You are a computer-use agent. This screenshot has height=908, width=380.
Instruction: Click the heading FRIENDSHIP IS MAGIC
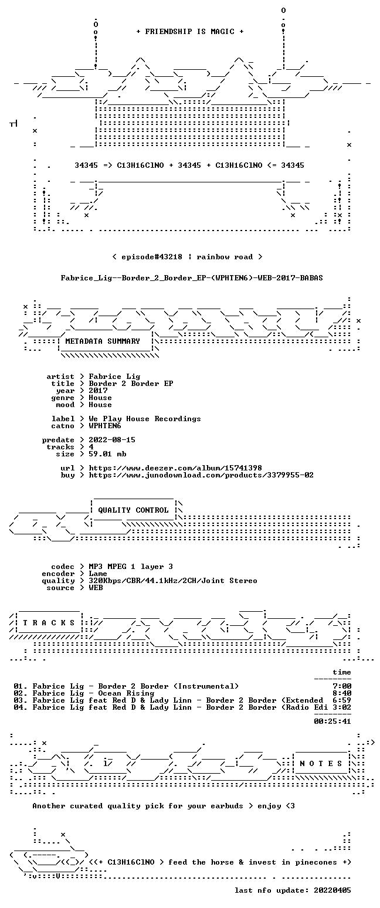[190, 32]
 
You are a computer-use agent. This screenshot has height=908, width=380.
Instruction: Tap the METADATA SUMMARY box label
[103, 341]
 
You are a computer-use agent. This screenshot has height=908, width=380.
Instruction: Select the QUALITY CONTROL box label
[133, 510]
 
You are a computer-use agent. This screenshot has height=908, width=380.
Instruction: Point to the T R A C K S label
[49, 622]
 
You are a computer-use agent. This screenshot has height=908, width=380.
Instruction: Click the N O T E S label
[321, 763]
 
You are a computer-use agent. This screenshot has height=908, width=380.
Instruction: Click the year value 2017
[98, 391]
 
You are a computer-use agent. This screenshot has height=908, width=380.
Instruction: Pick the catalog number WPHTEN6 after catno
[105, 426]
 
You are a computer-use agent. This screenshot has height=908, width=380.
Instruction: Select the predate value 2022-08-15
[112, 440]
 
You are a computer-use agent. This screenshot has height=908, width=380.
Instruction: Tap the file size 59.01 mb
[107, 454]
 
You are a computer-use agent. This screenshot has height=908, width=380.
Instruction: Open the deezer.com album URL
[175, 467]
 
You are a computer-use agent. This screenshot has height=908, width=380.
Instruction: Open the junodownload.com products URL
[201, 475]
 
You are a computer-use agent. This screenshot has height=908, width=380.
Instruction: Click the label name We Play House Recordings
[145, 419]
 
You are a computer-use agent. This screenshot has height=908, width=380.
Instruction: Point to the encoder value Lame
[98, 574]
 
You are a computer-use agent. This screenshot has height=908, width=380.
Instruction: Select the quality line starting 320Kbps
[173, 581]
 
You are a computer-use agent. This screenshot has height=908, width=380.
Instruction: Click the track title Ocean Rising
[126, 693]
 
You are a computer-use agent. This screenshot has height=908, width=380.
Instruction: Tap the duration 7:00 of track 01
[342, 686]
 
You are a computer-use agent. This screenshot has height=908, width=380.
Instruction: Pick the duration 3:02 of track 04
[342, 707]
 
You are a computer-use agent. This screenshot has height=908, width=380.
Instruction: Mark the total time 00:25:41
[333, 721]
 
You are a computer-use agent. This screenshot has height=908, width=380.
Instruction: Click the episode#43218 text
[152, 257]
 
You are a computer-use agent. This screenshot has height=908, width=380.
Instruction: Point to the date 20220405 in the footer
[333, 890]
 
